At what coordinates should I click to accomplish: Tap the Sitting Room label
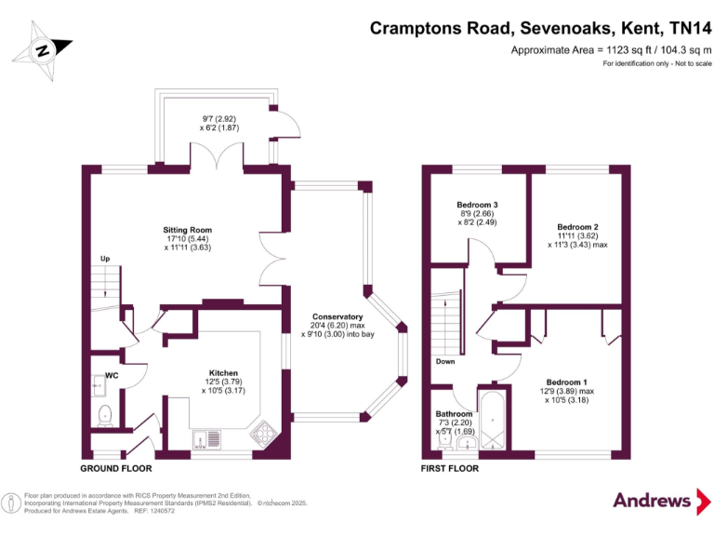click(189, 230)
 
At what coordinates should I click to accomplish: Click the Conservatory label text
click(337, 316)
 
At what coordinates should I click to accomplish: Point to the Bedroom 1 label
click(566, 382)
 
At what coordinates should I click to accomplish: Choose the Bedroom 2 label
click(576, 227)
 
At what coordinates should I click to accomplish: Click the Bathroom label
click(455, 415)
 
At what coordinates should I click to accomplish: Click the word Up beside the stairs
click(106, 259)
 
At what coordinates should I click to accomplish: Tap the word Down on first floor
click(444, 361)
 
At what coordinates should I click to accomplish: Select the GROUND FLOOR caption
click(116, 469)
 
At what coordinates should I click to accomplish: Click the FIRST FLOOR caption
click(450, 469)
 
